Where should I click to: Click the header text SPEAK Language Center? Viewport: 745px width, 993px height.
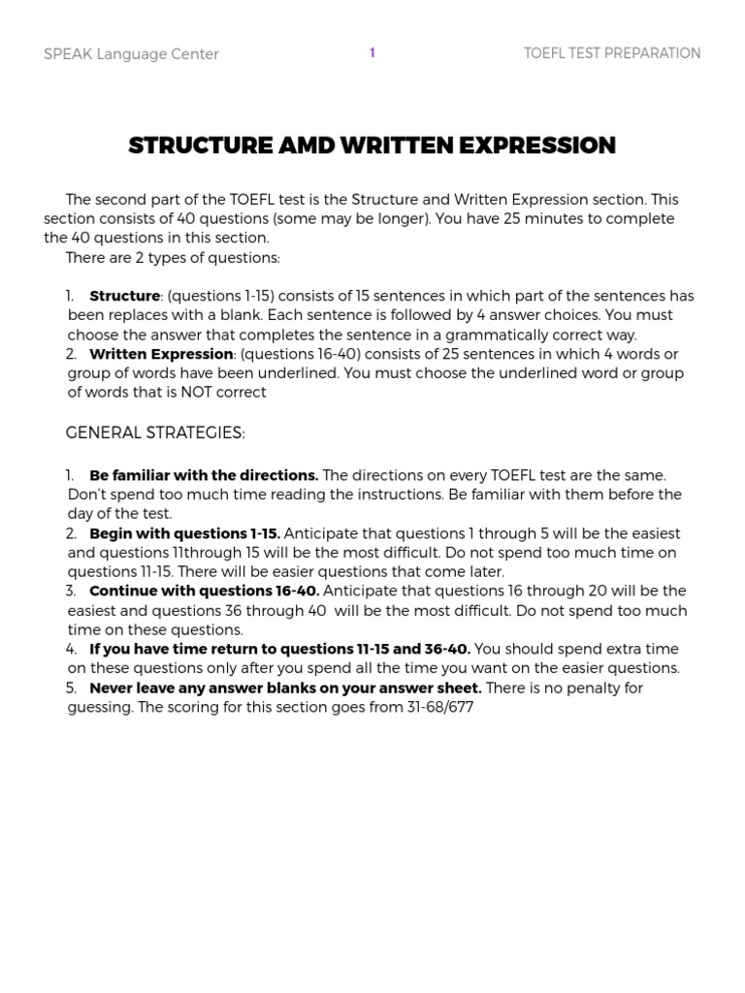pyautogui.click(x=131, y=54)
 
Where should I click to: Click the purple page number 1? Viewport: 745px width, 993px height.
pyautogui.click(x=372, y=53)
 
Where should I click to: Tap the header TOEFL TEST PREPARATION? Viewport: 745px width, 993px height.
pyautogui.click(x=611, y=53)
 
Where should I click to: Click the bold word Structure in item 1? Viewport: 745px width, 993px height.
pyautogui.click(x=124, y=296)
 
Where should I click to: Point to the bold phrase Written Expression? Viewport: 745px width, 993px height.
pyautogui.click(x=161, y=354)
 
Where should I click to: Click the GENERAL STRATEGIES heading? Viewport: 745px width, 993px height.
pyautogui.click(x=155, y=432)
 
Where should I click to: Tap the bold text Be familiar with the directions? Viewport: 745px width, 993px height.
pyautogui.click(x=204, y=475)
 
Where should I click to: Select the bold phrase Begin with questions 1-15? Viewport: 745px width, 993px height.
pyautogui.click(x=184, y=533)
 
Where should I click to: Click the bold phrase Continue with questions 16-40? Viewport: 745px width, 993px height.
pyautogui.click(x=204, y=591)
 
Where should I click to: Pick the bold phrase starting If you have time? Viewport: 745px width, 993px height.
pyautogui.click(x=279, y=649)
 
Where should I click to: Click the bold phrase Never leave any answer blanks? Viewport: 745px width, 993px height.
pyautogui.click(x=285, y=688)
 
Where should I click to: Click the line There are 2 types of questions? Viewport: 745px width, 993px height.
pyautogui.click(x=173, y=258)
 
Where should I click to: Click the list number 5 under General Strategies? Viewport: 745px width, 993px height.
pyautogui.click(x=71, y=688)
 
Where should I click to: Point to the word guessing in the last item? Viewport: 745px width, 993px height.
pyautogui.click(x=98, y=707)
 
